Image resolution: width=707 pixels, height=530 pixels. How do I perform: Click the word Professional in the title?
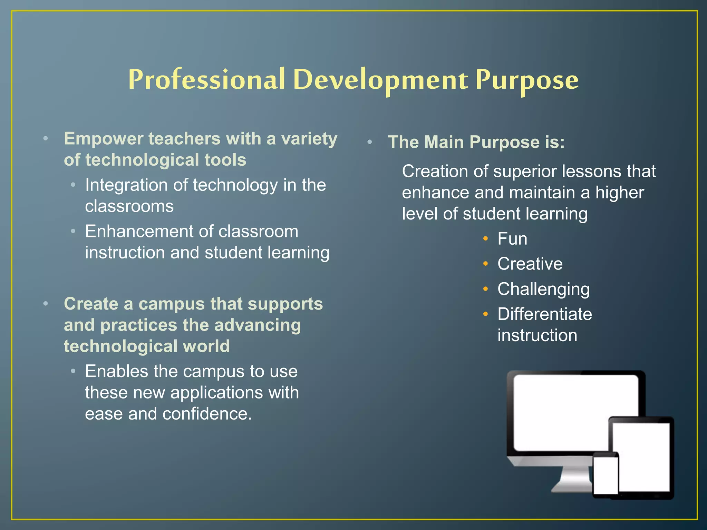(x=206, y=80)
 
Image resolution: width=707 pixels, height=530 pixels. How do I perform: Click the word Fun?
(x=512, y=239)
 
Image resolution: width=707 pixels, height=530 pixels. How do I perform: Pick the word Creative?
(x=530, y=264)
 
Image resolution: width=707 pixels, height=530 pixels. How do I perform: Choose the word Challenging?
(x=543, y=289)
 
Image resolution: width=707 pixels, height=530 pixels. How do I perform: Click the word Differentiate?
(x=545, y=314)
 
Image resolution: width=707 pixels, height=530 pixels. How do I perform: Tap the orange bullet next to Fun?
(x=485, y=238)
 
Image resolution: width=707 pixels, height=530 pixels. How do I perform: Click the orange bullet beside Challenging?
(x=485, y=289)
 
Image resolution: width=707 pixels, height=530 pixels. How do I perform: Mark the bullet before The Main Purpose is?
(x=369, y=142)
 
